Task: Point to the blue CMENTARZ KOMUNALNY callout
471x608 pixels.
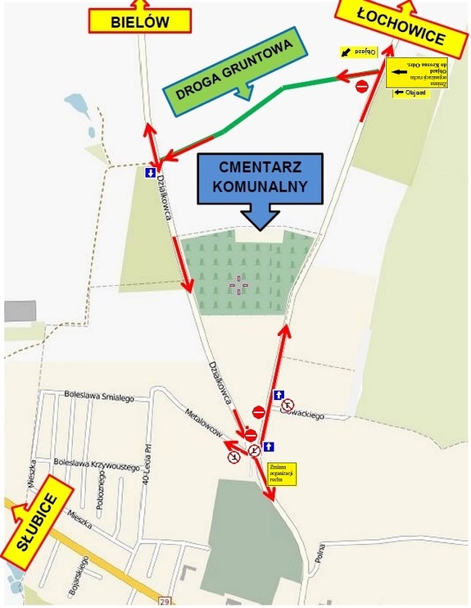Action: pos(259,180)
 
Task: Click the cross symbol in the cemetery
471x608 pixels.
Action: pos(239,285)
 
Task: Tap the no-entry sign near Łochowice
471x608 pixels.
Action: pos(361,85)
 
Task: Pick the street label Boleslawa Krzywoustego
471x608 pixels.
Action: pos(96,464)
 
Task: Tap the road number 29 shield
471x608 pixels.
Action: pos(163,601)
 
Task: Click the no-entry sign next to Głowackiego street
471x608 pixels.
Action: pos(258,411)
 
